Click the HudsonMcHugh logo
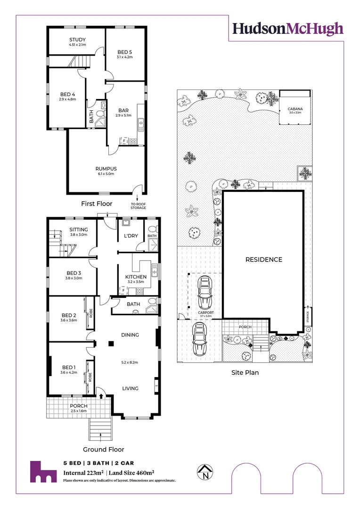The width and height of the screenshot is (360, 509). (288, 29)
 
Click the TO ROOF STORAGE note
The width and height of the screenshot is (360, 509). (139, 205)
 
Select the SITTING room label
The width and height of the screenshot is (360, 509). (79, 230)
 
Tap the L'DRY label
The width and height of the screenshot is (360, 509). (131, 236)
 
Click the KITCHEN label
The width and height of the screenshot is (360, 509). (135, 277)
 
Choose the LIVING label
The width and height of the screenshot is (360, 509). (130, 388)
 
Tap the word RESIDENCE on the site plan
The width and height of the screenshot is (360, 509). (263, 260)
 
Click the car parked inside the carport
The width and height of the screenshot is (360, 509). (205, 293)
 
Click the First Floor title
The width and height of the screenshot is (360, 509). (97, 204)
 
